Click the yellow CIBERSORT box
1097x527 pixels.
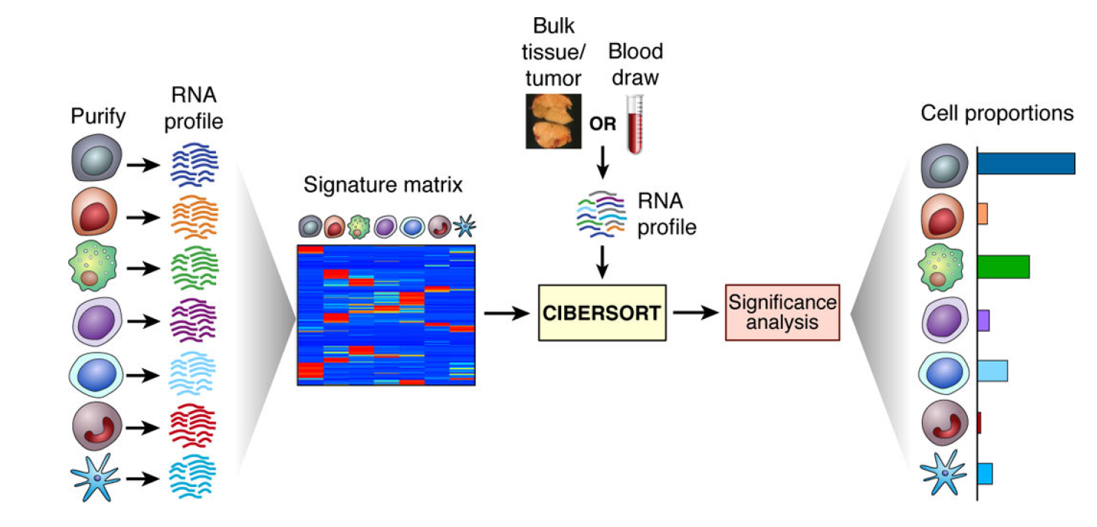coord(602,312)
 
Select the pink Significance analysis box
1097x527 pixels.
coord(782,312)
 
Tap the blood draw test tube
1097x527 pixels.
coord(635,125)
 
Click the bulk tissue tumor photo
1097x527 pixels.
coord(554,121)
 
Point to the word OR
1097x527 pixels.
coord(603,124)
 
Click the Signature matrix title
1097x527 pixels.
coord(383,185)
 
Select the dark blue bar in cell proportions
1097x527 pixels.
coord(1026,163)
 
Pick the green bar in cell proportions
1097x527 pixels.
coord(1003,267)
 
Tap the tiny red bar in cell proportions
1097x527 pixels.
coord(979,422)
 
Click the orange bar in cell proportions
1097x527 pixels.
coord(983,214)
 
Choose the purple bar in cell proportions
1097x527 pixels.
coord(983,321)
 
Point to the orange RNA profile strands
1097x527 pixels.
coord(194,217)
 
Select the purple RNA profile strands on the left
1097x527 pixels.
coord(194,321)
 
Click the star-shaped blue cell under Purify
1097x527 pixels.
coord(95,477)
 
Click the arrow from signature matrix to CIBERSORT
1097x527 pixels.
coord(507,313)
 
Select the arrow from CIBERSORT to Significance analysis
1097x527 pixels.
coord(695,312)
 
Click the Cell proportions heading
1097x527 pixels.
coord(997,114)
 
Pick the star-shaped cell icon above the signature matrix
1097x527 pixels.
coord(465,226)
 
